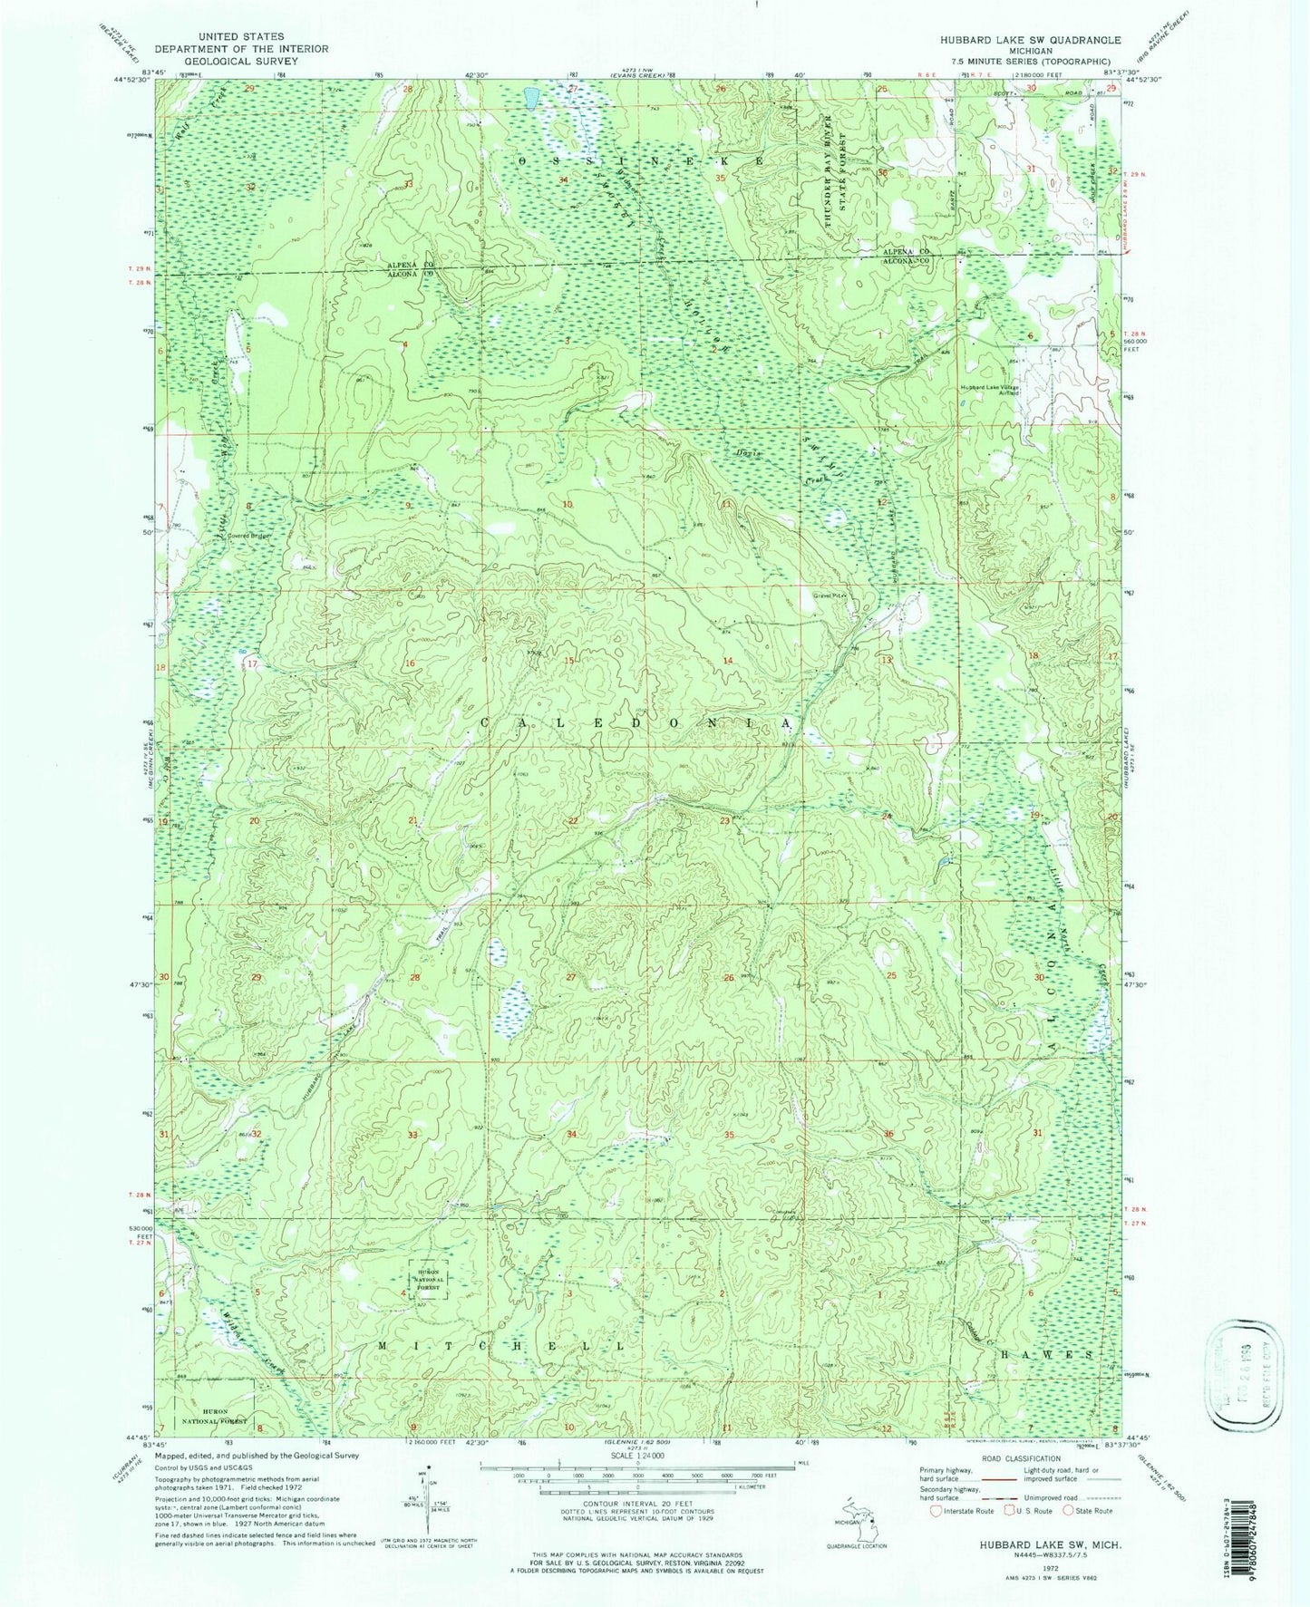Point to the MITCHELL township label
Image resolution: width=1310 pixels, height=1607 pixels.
coord(500,1347)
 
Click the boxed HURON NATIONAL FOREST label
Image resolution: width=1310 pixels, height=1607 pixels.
coord(428,1279)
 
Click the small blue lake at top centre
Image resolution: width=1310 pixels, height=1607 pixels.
coord(531,95)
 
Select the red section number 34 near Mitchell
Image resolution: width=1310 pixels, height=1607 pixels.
coord(571,1135)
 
